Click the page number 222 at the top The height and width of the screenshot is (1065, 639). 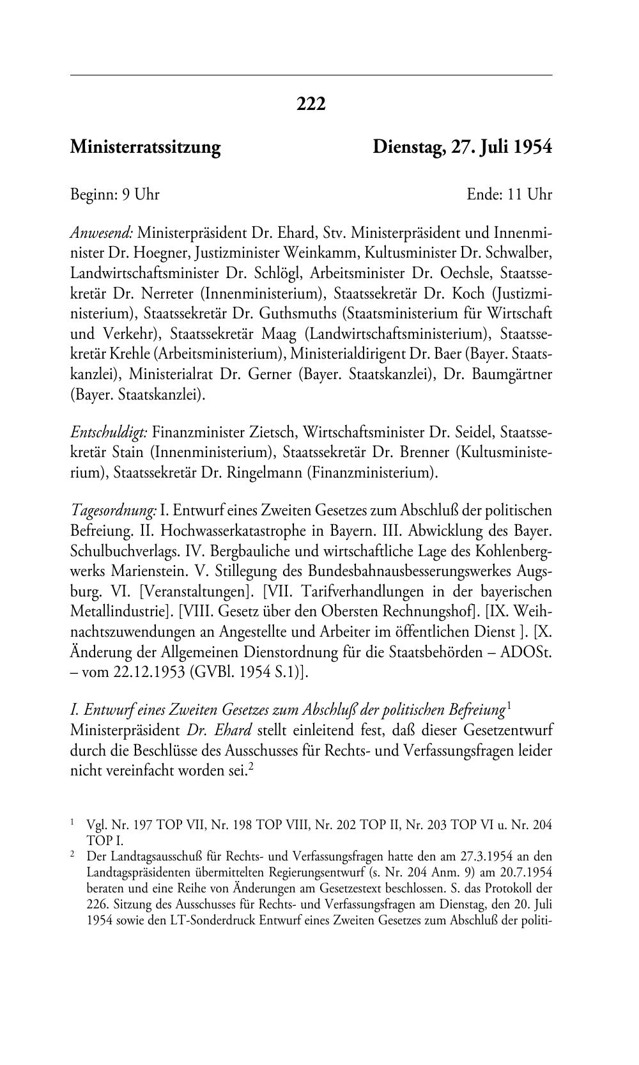(311, 104)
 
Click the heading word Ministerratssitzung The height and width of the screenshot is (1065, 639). (145, 148)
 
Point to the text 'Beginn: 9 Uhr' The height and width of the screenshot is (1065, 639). (115, 194)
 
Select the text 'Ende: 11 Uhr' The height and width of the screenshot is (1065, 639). (509, 194)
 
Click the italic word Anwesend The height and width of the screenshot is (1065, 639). (102, 231)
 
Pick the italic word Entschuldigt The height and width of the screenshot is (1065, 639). (109, 432)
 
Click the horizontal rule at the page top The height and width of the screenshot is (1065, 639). (311, 75)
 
